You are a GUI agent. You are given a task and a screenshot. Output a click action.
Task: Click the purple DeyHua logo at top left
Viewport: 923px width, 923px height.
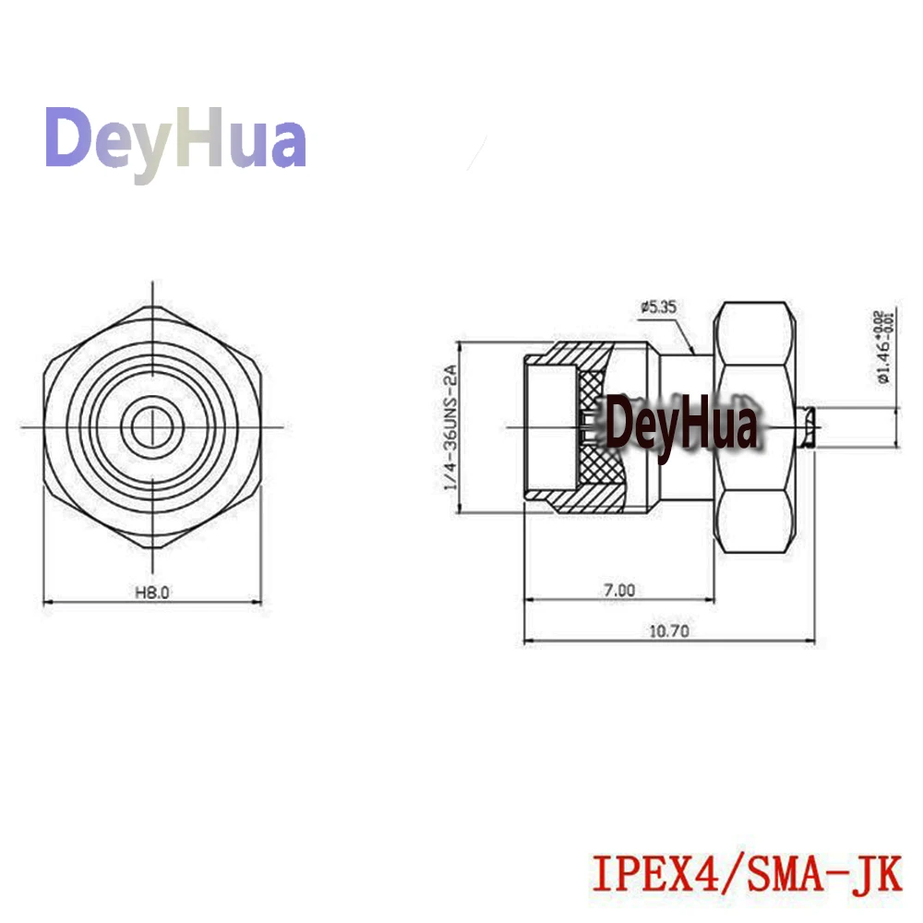pos(175,140)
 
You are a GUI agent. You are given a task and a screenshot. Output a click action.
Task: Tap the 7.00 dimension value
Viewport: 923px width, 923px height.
pos(619,590)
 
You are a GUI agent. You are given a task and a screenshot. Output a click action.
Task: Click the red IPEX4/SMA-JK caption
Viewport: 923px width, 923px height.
pos(746,873)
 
